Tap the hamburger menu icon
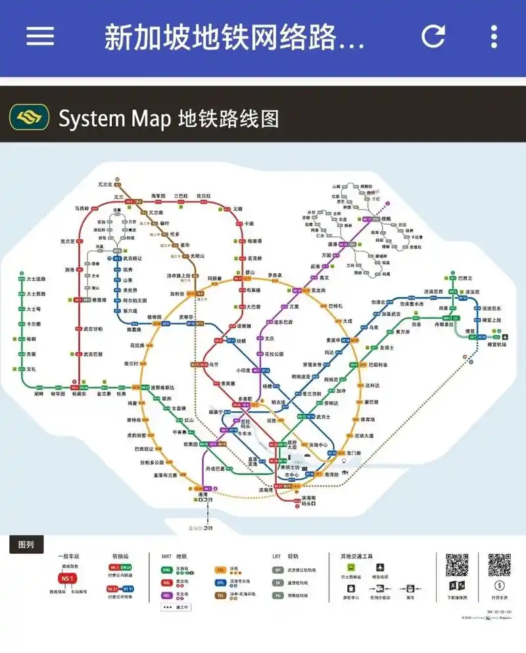(40, 36)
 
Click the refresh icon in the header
(433, 36)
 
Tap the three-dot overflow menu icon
(494, 36)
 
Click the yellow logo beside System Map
(29, 118)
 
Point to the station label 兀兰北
(105, 185)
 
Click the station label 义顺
(238, 208)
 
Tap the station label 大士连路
(36, 279)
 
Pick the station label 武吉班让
(133, 259)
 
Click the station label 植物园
(154, 317)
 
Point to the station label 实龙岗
(319, 290)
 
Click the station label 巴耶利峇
(378, 365)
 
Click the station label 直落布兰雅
(166, 474)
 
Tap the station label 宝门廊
(354, 453)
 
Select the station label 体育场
(368, 419)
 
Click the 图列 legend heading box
(26, 544)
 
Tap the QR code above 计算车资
(499, 565)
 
